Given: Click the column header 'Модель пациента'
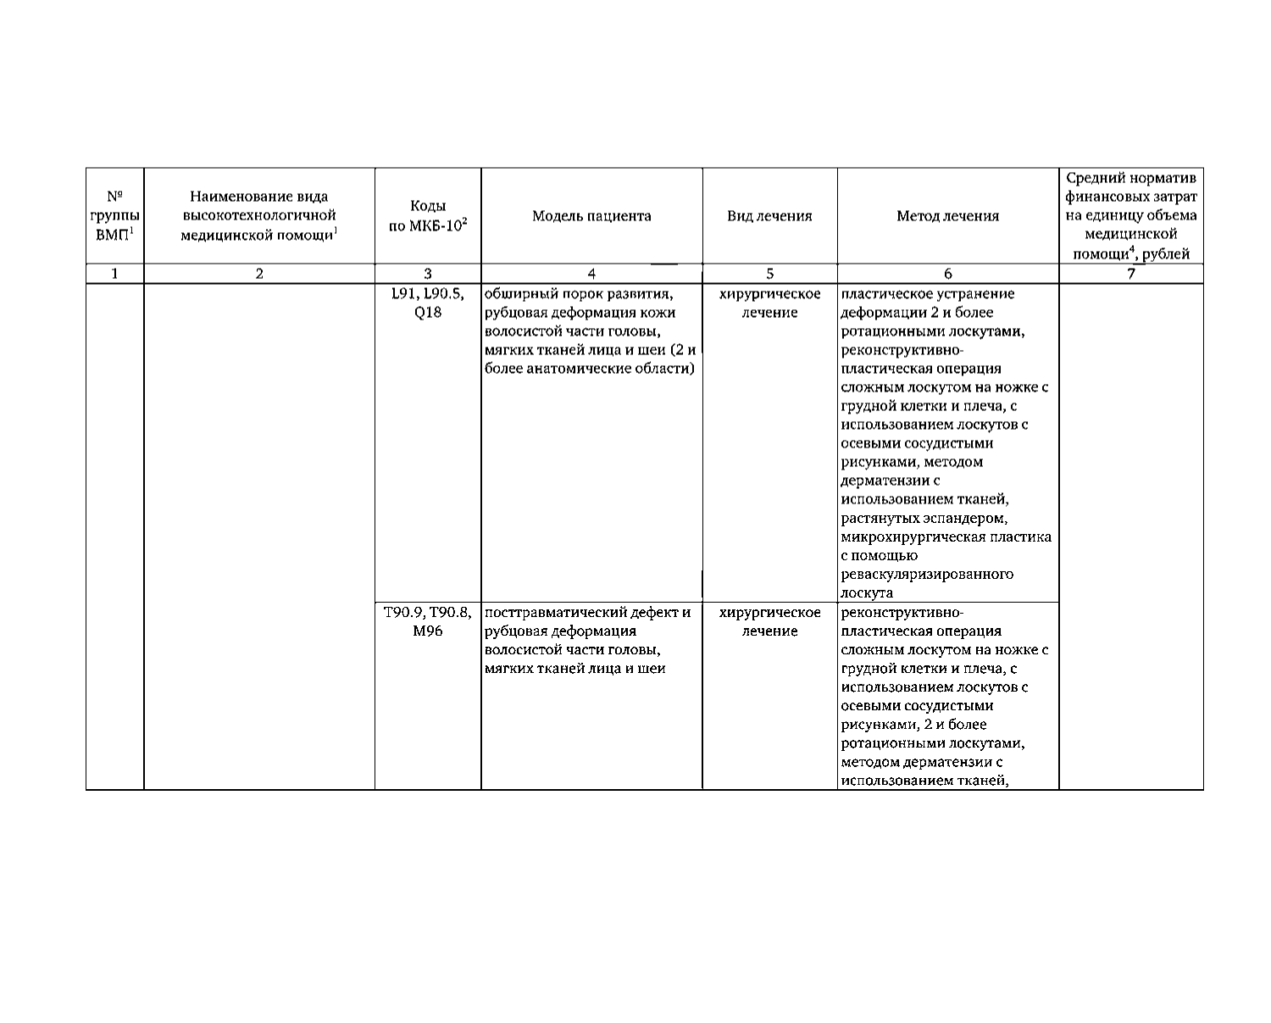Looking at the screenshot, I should pyautogui.click(x=591, y=216).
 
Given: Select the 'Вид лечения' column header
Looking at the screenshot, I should pyautogui.click(x=769, y=216).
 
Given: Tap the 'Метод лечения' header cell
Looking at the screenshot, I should pyautogui.click(x=947, y=216).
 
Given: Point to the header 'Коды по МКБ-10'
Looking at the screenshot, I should pyautogui.click(x=428, y=216).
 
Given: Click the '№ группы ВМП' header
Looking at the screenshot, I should pyautogui.click(x=115, y=216).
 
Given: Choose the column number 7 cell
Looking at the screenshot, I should pyautogui.click(x=1130, y=274).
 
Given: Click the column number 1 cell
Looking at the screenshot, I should pyautogui.click(x=115, y=274).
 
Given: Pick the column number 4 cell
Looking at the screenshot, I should pyautogui.click(x=591, y=274).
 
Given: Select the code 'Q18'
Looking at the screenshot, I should pyautogui.click(x=428, y=313).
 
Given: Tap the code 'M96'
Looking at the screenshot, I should pyautogui.click(x=428, y=631).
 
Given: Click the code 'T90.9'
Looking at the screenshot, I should pyautogui.click(x=404, y=613).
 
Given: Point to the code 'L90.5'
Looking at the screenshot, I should pyautogui.click(x=444, y=294).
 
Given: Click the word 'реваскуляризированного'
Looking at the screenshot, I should pyautogui.click(x=927, y=575).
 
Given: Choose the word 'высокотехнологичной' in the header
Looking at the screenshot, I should pyautogui.click(x=259, y=216).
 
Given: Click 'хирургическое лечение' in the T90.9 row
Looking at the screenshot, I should pyautogui.click(x=769, y=622).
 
